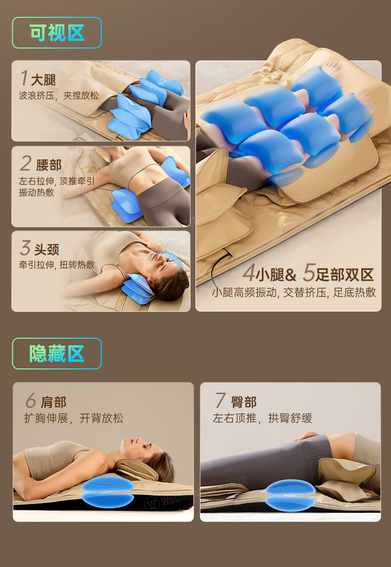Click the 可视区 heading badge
click(x=57, y=33)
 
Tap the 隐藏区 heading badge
click(x=57, y=353)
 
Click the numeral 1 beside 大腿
click(x=24, y=78)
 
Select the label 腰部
click(x=49, y=165)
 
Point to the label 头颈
click(x=47, y=250)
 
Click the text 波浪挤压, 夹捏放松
click(x=58, y=96)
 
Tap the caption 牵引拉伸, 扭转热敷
click(x=57, y=265)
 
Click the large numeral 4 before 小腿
click(x=248, y=273)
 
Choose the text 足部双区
click(x=344, y=275)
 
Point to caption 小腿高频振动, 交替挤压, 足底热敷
click(x=294, y=292)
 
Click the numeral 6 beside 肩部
click(x=31, y=401)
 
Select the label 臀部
click(x=244, y=402)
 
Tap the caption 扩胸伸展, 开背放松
click(x=74, y=418)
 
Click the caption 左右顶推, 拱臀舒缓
click(x=262, y=418)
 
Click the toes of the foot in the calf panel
click(x=332, y=67)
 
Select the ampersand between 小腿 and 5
click(x=290, y=275)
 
